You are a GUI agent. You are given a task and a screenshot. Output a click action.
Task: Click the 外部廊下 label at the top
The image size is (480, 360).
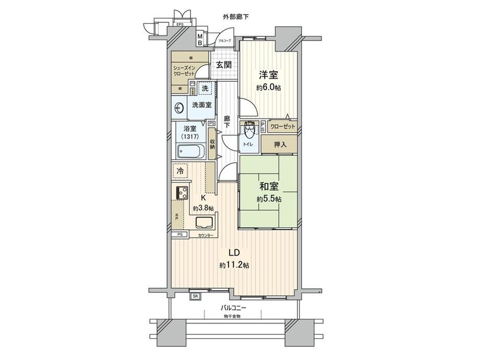click(235, 17)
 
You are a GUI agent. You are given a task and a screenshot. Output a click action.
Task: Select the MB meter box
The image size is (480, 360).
click(200, 39)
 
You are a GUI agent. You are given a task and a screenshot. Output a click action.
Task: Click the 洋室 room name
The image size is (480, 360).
click(268, 76)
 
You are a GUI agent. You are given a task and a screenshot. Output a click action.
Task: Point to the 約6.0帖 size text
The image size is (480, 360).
click(268, 88)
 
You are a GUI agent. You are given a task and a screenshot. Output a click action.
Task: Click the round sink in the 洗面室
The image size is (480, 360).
click(179, 109)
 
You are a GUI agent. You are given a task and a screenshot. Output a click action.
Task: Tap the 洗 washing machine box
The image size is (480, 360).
click(205, 89)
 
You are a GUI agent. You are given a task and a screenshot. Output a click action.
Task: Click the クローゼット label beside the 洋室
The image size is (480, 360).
click(283, 126)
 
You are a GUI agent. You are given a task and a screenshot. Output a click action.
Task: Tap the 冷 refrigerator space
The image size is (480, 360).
click(180, 171)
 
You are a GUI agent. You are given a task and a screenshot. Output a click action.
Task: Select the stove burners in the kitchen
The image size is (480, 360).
click(182, 193)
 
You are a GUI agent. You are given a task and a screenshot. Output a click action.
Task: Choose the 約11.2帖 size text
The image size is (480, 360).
click(234, 266)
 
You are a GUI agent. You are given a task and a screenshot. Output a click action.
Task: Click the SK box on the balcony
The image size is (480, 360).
click(196, 296)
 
